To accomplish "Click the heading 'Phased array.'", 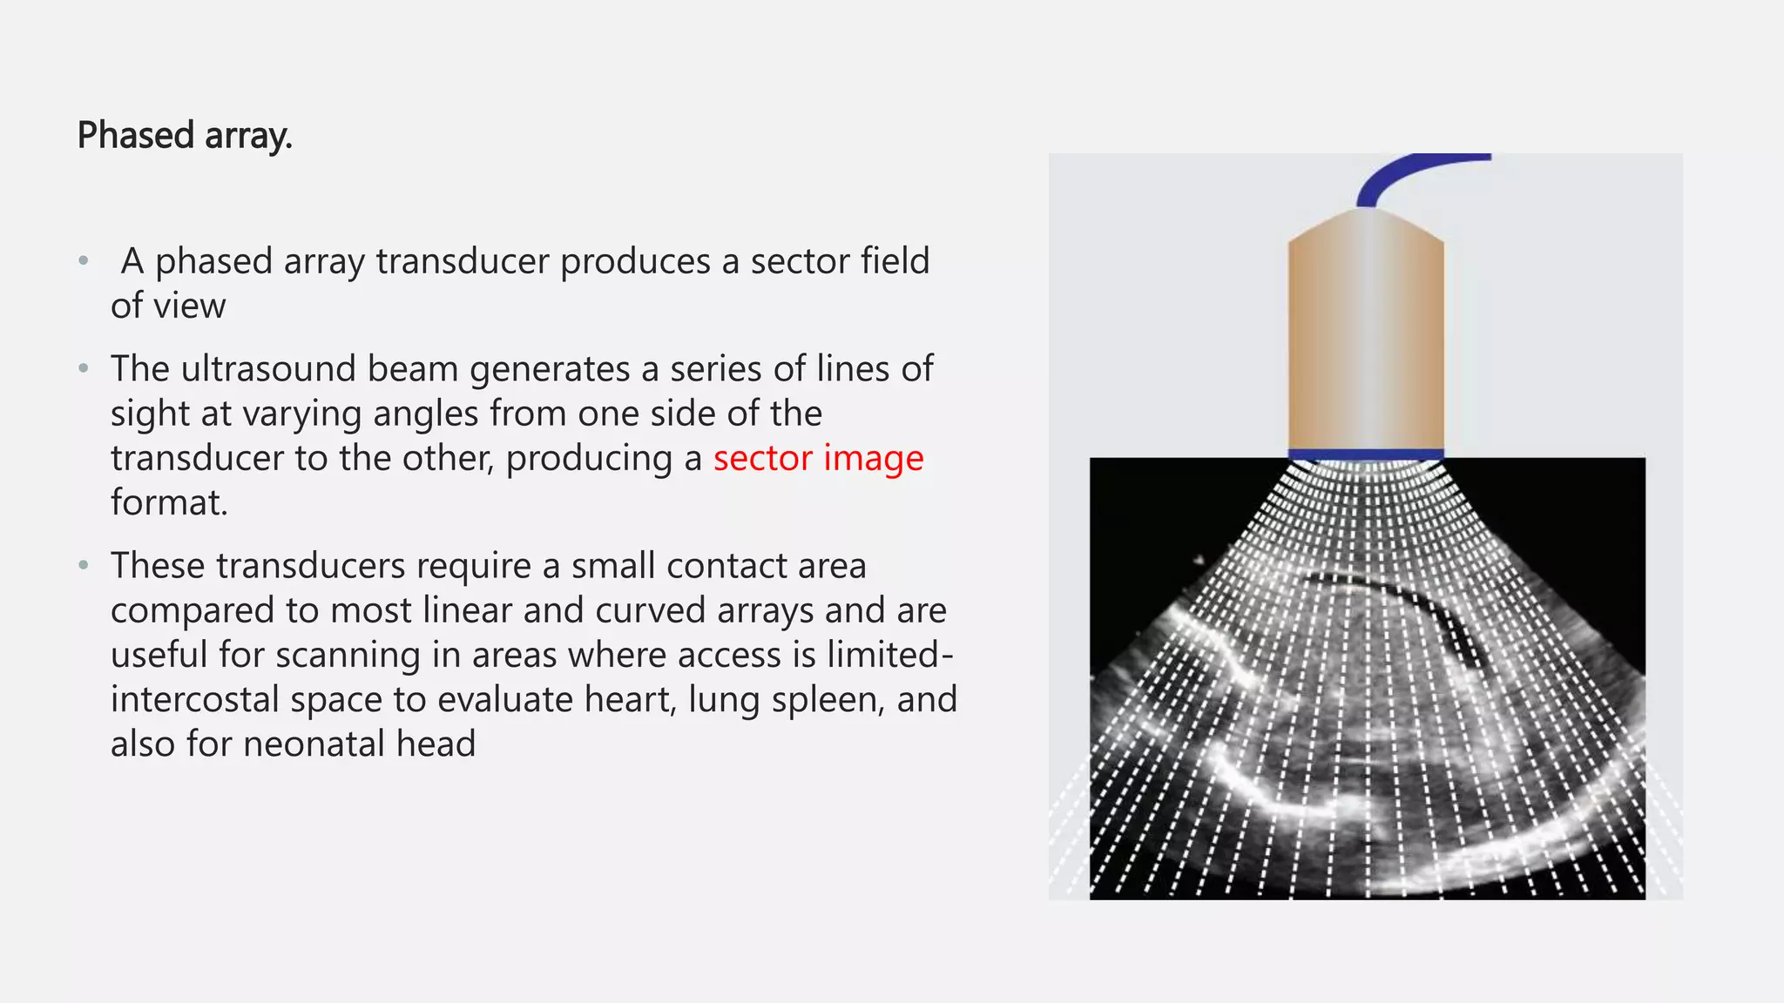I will coord(185,136).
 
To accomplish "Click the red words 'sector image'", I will coord(818,458).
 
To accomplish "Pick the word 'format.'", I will coord(169,503).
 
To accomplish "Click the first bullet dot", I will coord(84,260).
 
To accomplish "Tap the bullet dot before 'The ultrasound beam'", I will coord(84,368).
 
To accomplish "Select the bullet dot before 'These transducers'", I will coord(84,565).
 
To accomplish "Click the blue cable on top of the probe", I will coord(1402,170).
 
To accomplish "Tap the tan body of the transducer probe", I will coord(1365,340).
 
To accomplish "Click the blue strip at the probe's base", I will coord(1365,454).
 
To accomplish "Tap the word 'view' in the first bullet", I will coord(190,306).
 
